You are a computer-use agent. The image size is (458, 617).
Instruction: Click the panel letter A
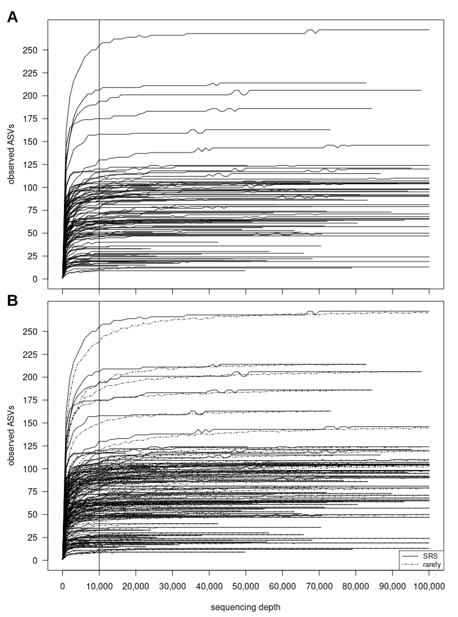[x=13, y=17]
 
